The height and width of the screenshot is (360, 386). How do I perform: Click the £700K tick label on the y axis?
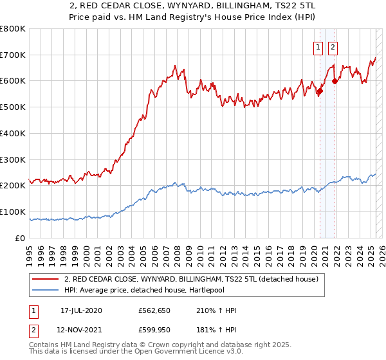13,55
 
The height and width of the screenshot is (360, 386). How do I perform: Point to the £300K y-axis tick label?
13,159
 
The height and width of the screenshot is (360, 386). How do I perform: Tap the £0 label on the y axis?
21,238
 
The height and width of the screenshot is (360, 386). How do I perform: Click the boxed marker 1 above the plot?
318,46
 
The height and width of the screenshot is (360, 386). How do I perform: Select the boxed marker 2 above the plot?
333,46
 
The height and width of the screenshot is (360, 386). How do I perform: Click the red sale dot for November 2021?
335,81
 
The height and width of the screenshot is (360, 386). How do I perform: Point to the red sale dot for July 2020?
320,91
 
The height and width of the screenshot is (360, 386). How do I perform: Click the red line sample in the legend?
46,280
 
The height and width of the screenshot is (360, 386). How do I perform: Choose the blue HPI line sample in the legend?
46,291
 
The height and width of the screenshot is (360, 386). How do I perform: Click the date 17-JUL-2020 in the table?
81,311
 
